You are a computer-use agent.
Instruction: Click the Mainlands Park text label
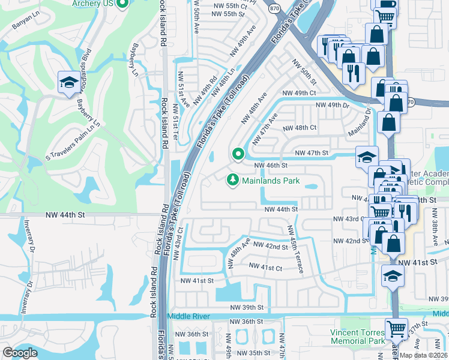click(271, 180)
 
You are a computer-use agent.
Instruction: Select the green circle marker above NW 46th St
click(238, 154)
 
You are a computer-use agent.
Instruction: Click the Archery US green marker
click(122, 4)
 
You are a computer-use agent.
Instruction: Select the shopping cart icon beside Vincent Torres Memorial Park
click(396, 329)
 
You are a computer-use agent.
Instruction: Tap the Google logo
click(20, 353)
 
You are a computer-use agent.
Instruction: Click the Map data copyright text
click(423, 355)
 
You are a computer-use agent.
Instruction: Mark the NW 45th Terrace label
click(294, 248)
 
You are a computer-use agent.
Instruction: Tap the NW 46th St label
click(271, 165)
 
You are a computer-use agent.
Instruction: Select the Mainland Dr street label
click(358, 126)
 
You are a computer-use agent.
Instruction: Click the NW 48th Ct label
click(300, 128)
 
